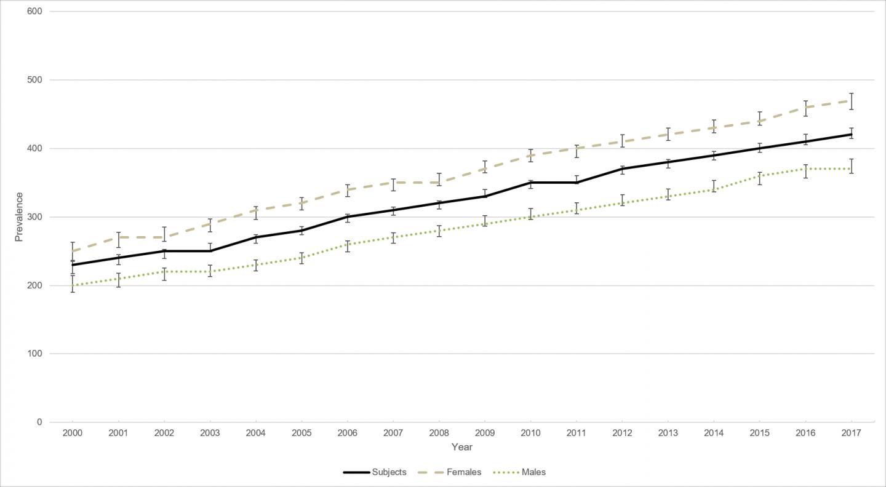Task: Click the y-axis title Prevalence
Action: (x=19, y=216)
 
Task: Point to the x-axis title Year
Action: (x=461, y=447)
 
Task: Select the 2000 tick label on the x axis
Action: (x=73, y=433)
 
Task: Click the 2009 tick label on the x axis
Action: (x=485, y=433)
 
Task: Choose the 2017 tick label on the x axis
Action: (x=851, y=433)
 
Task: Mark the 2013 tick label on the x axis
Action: (x=668, y=433)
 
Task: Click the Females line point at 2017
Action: (x=851, y=101)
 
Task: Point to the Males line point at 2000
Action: (x=73, y=285)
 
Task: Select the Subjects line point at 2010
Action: (x=530, y=183)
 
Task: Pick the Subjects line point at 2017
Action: (x=851, y=135)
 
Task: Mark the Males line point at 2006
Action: (x=348, y=245)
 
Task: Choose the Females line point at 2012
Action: (x=622, y=141)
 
